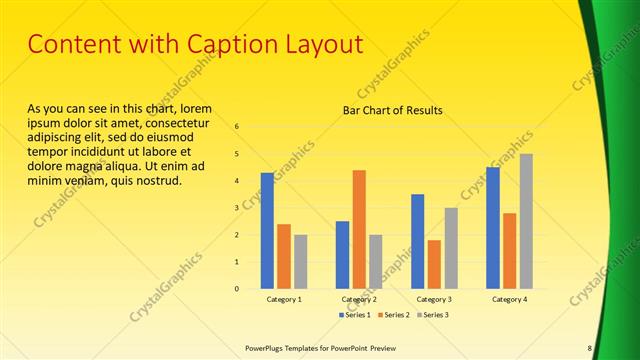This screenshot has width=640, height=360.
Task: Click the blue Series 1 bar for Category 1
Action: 267,230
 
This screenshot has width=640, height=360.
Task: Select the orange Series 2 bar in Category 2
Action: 359,229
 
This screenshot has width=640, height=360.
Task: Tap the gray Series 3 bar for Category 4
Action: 526,221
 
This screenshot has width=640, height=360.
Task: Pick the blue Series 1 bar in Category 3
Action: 417,241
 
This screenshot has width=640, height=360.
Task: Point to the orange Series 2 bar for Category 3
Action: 434,264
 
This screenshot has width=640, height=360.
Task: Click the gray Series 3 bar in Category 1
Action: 301,261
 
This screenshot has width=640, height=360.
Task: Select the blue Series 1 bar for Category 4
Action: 492,227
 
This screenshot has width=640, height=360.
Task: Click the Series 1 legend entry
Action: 357,315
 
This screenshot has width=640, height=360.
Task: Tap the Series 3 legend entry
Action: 433,315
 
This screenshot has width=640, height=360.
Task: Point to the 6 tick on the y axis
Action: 237,127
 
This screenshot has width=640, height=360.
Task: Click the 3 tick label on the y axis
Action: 237,208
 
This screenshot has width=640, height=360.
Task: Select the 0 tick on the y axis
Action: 237,289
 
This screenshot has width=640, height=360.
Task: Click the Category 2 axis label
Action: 359,299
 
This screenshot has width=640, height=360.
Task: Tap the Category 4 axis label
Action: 509,299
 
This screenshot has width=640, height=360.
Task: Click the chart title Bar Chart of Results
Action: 393,110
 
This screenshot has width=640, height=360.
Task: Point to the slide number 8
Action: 589,347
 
